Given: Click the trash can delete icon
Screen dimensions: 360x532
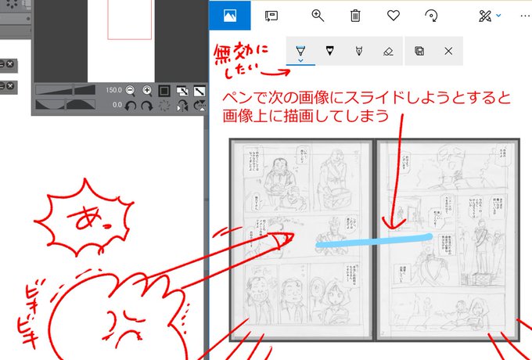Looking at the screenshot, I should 355,15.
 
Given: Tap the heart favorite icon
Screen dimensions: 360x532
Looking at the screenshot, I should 393,15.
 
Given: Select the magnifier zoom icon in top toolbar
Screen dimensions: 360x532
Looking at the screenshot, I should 318,15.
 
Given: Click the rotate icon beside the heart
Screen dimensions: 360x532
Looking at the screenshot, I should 430,15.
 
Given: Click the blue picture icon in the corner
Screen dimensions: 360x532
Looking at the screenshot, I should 230,15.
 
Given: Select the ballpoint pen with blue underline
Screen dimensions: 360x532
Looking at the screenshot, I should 300,51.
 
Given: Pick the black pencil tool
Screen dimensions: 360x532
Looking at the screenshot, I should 329,51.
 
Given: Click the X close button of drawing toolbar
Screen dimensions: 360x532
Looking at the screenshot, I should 448,51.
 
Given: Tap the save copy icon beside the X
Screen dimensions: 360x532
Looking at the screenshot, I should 419,51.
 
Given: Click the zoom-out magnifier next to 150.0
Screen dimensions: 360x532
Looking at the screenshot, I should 130,90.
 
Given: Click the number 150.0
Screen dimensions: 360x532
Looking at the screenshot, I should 113,90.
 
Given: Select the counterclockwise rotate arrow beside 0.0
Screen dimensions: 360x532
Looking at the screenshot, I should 131,105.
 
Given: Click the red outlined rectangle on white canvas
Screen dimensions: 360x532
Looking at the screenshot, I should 128,19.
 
